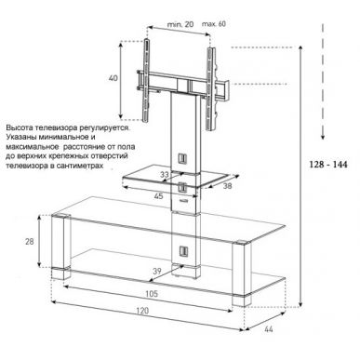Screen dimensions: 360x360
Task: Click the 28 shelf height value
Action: (32, 241)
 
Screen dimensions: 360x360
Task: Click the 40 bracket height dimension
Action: (113, 77)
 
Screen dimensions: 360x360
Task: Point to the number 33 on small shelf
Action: (165, 173)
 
